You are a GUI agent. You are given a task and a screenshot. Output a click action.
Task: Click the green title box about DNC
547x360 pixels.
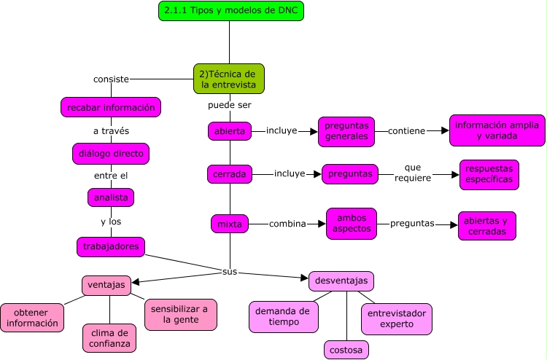(x=231, y=12)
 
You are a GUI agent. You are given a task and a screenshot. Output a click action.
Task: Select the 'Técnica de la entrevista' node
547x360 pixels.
(x=229, y=79)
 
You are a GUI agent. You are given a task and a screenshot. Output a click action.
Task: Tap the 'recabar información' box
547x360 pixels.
(x=111, y=108)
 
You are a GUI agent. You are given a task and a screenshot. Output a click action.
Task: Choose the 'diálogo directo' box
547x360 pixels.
(x=112, y=154)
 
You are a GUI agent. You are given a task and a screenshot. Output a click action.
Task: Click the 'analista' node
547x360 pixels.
(x=111, y=197)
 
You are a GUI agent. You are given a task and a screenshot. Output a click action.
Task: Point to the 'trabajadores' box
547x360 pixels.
(x=111, y=247)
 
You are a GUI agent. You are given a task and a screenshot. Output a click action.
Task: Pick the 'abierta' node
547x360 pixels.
(x=229, y=131)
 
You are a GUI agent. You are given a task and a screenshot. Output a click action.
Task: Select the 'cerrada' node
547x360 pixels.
(x=229, y=174)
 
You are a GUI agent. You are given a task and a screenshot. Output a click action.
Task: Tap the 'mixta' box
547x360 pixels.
(x=229, y=224)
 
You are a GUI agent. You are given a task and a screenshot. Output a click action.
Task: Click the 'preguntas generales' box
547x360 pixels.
(x=346, y=131)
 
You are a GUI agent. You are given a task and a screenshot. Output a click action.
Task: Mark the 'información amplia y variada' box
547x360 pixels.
(x=497, y=130)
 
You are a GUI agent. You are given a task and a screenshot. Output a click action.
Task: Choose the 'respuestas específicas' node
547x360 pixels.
(x=489, y=175)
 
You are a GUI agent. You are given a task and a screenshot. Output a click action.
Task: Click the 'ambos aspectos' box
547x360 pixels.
(x=352, y=223)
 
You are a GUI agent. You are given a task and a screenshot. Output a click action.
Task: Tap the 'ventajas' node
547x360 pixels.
(x=106, y=285)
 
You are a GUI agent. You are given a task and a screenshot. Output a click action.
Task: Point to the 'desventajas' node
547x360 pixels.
(x=341, y=281)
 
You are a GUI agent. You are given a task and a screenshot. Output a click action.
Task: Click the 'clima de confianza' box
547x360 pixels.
(x=107, y=337)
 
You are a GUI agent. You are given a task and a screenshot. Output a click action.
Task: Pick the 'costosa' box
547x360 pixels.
(x=346, y=350)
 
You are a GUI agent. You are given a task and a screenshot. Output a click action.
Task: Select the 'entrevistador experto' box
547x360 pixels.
(x=397, y=318)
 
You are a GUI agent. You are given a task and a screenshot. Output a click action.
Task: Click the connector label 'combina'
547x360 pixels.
(x=287, y=224)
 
